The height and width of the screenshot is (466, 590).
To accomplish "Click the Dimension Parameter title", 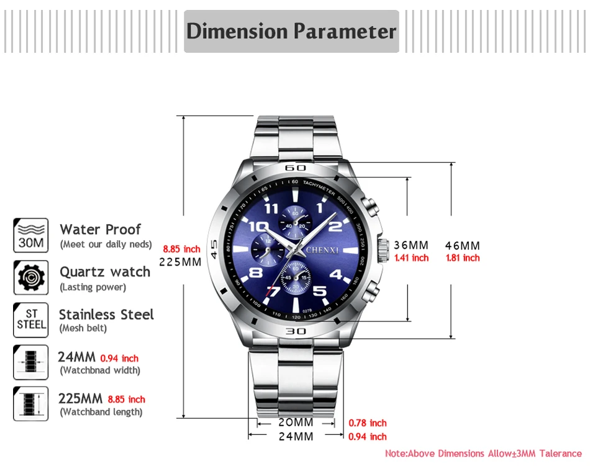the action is (291, 31).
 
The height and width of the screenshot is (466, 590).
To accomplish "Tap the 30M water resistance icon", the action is (30, 235).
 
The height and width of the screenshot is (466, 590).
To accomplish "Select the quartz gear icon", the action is (30, 277).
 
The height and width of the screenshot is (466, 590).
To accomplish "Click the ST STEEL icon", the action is (30, 320).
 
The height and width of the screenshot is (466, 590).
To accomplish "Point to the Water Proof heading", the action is (100, 229).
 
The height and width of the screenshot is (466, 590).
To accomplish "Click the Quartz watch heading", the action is (105, 272).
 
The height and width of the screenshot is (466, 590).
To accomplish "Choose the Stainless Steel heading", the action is (106, 315).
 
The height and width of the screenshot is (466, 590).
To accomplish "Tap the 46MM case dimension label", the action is (463, 245).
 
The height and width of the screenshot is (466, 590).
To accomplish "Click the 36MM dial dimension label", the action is (411, 245).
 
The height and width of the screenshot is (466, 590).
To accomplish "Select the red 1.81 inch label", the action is (463, 258).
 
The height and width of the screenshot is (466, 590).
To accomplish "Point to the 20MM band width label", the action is (296, 423).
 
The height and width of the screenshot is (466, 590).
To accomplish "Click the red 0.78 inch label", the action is (368, 423).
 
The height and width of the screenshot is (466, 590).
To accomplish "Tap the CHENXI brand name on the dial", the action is (322, 250).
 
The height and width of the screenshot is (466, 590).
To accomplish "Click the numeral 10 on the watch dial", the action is (258, 226).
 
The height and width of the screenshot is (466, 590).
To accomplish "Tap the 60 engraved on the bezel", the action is (296, 168).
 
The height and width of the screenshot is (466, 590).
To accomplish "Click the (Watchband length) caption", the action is (101, 412).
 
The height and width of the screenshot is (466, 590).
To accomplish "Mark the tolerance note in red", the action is (483, 454).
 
